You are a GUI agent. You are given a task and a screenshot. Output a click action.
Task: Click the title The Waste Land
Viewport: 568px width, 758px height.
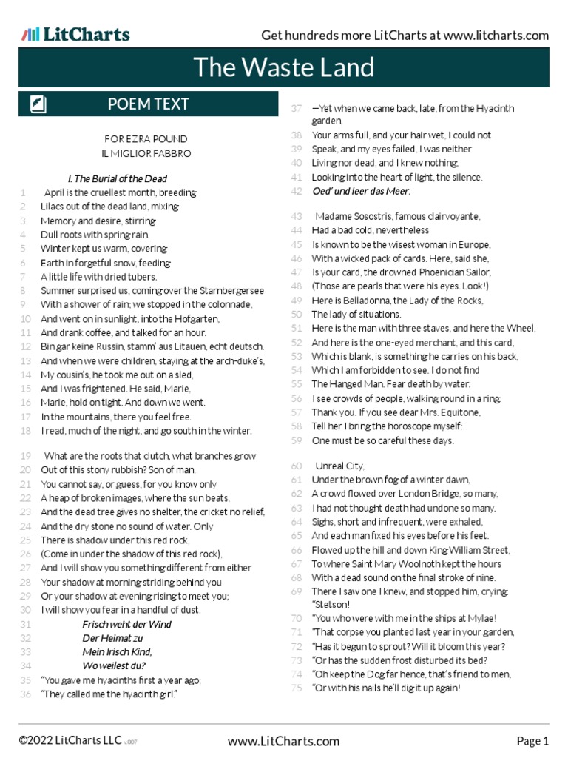point(284,67)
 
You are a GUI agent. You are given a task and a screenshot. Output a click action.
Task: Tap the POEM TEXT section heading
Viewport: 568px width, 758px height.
point(148,104)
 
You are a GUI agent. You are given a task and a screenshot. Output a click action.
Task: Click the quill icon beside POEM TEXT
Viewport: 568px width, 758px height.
point(38,104)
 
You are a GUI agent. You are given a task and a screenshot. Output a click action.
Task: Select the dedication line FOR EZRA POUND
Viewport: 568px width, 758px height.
point(146,139)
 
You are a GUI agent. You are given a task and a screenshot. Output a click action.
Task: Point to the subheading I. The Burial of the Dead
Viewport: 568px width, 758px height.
point(118,178)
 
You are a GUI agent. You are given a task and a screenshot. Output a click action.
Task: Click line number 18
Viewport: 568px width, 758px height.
point(25,431)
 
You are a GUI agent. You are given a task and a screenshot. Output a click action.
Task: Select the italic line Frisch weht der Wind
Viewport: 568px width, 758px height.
point(126,624)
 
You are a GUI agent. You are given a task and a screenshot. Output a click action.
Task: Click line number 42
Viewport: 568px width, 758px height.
point(297,191)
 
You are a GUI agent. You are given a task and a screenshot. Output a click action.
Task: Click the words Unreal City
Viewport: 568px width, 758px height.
point(339,466)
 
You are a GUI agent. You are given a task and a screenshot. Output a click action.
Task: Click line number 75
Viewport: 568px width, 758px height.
point(297,688)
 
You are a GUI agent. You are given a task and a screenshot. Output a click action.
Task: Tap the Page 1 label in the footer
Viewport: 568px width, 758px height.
point(532,741)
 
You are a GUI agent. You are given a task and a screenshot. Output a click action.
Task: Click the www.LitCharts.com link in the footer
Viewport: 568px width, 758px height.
point(284,741)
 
